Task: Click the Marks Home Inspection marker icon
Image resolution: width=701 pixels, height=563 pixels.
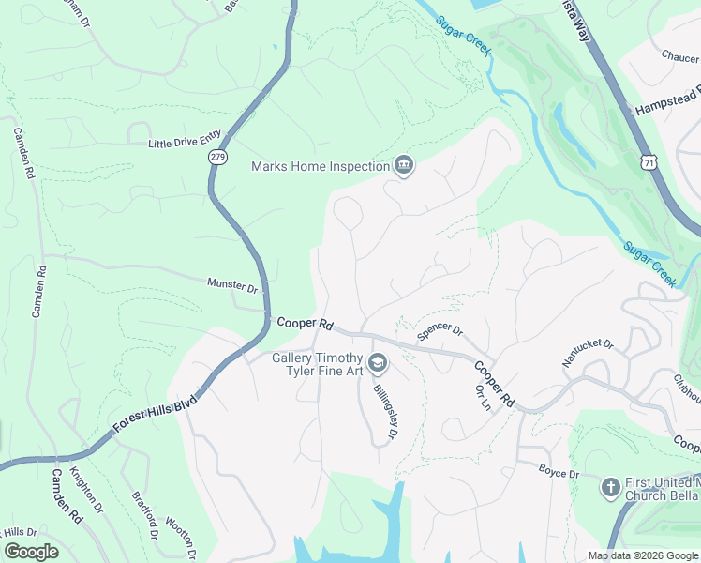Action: pyautogui.click(x=404, y=166)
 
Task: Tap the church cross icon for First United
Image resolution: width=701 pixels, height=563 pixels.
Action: pyautogui.click(x=610, y=487)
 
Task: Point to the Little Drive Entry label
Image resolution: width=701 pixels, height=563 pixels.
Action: pyautogui.click(x=185, y=143)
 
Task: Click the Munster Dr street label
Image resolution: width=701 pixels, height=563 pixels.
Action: pyautogui.click(x=231, y=284)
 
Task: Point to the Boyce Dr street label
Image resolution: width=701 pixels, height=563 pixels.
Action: pyautogui.click(x=559, y=472)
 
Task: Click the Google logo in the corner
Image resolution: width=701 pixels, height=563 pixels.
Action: pyautogui.click(x=31, y=552)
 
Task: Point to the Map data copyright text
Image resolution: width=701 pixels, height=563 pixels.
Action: pyautogui.click(x=642, y=555)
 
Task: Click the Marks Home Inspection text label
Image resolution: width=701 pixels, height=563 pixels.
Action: pyautogui.click(x=321, y=167)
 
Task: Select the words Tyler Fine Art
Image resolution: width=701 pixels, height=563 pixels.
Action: pyautogui.click(x=324, y=372)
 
